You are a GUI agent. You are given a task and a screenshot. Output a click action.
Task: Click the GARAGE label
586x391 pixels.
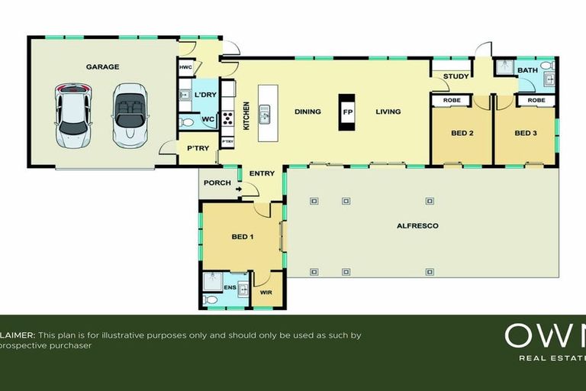[102, 66]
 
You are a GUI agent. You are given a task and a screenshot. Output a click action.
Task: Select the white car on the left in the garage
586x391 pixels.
[74, 115]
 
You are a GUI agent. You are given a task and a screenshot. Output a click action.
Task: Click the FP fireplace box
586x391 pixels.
[347, 111]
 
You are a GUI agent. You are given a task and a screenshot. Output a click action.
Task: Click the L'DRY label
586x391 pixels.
[205, 94]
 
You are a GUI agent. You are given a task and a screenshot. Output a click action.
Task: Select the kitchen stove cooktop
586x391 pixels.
[227, 118]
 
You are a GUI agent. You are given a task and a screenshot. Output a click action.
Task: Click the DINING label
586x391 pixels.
[307, 111]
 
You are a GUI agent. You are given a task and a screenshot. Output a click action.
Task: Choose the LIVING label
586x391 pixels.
[388, 111]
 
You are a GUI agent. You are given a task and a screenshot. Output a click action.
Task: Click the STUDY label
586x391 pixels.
[456, 76]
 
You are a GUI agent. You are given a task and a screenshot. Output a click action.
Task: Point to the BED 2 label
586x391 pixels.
[462, 133]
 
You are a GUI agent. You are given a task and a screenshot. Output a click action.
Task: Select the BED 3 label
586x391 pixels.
[525, 133]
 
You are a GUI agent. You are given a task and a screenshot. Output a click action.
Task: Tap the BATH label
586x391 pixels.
[527, 70]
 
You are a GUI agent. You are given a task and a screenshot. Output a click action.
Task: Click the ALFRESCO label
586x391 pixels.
[416, 226]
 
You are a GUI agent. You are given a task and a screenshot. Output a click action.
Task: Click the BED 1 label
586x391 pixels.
[243, 237]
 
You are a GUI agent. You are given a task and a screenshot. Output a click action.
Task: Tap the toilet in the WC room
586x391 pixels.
[187, 121]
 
